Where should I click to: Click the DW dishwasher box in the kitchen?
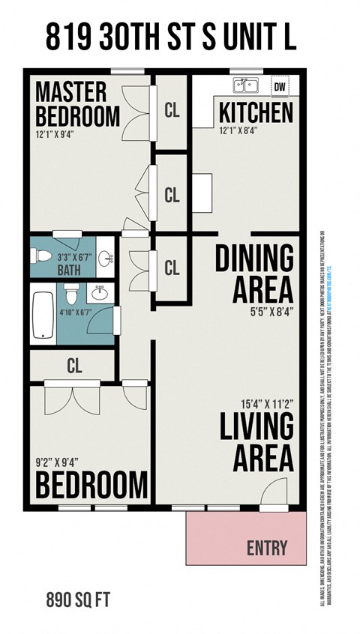[x=280, y=86]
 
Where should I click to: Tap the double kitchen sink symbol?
[x=245, y=85]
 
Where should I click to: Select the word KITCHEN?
[x=256, y=113]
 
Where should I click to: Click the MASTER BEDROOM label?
[x=77, y=104]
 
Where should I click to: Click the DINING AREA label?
[x=254, y=272]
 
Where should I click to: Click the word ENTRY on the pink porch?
[x=267, y=548]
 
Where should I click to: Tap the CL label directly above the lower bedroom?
[x=73, y=366]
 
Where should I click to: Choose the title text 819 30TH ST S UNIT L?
[x=170, y=36]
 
